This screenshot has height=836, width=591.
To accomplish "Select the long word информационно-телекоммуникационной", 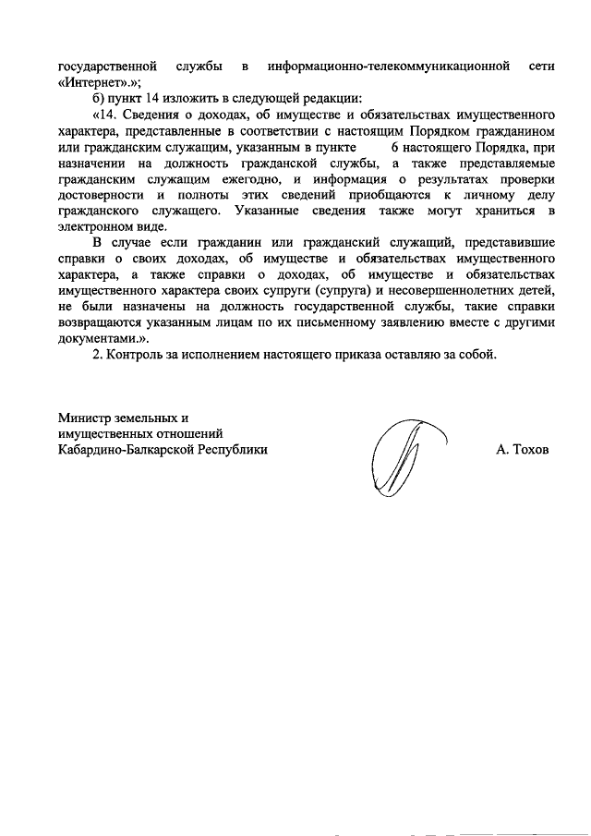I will click(389, 67).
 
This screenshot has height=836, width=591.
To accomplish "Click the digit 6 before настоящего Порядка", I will click(395, 148).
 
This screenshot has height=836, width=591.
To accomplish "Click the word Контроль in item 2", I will click(138, 355).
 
